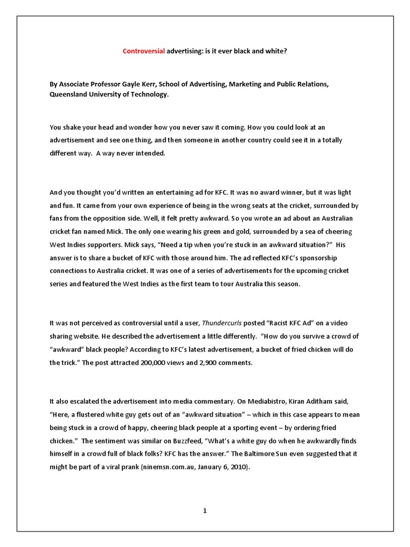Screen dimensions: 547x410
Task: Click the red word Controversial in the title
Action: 144,51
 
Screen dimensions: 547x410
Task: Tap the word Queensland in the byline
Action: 70,94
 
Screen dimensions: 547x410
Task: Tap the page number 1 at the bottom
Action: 204,511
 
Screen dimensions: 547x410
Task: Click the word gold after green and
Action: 245,232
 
